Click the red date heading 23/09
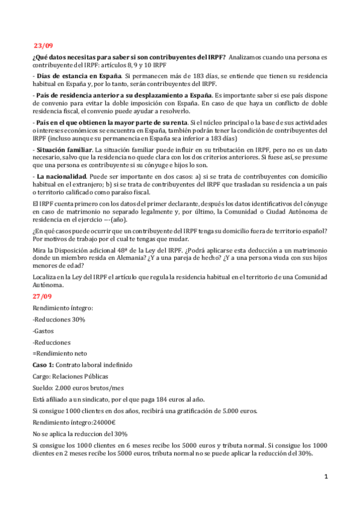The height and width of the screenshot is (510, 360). click(43, 45)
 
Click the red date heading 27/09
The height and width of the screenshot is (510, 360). click(43, 296)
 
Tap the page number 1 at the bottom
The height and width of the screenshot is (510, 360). click(326, 476)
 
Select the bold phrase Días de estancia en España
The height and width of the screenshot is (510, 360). click(87, 76)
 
